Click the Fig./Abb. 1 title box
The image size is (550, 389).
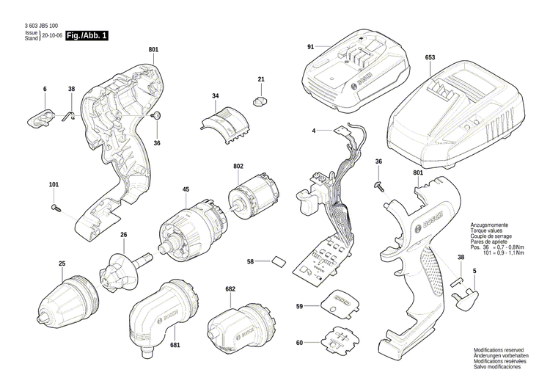pyautogui.click(x=86, y=35)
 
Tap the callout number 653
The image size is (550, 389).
pyautogui.click(x=429, y=57)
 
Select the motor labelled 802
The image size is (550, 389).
pyautogui.click(x=253, y=194)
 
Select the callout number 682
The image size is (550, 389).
pyautogui.click(x=230, y=290)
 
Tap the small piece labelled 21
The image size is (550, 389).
pyautogui.click(x=261, y=98)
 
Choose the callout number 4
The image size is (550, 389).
pyautogui.click(x=313, y=131)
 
